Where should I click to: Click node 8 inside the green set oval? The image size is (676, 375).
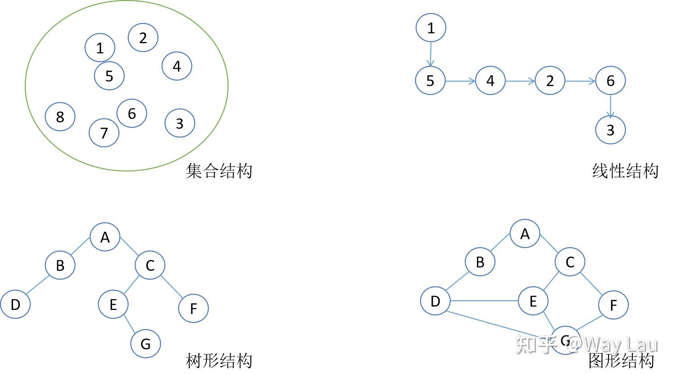point(60,117)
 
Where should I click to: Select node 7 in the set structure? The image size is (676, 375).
point(104,132)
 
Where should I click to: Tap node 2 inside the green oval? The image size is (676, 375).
point(143,37)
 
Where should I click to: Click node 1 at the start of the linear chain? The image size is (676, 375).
point(431,28)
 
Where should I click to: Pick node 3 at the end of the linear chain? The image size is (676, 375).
point(610,130)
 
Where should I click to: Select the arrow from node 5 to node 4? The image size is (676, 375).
point(460,81)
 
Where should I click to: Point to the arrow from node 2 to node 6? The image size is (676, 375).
point(580,81)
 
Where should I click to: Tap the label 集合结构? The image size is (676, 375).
point(219,171)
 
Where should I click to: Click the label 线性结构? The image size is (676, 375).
point(625,171)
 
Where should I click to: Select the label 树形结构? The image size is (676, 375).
point(219,361)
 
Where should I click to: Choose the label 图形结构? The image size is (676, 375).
point(622,361)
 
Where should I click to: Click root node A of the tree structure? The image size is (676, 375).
point(105,237)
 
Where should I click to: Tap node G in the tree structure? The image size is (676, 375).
point(145,343)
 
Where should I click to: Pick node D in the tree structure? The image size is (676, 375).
point(15,304)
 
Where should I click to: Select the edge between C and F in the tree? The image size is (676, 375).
point(172,287)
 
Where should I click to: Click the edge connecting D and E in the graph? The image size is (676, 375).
point(484,301)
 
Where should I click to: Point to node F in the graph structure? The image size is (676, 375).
point(613,305)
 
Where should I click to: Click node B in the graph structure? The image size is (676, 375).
point(480,262)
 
